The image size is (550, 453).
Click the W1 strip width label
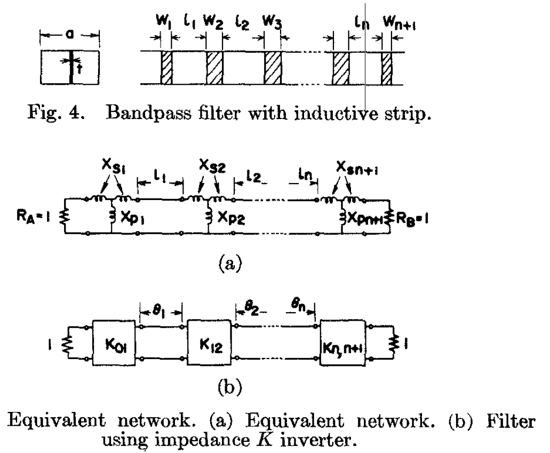(161, 24)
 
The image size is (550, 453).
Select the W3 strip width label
(271, 24)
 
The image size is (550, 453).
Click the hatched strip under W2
(214, 68)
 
